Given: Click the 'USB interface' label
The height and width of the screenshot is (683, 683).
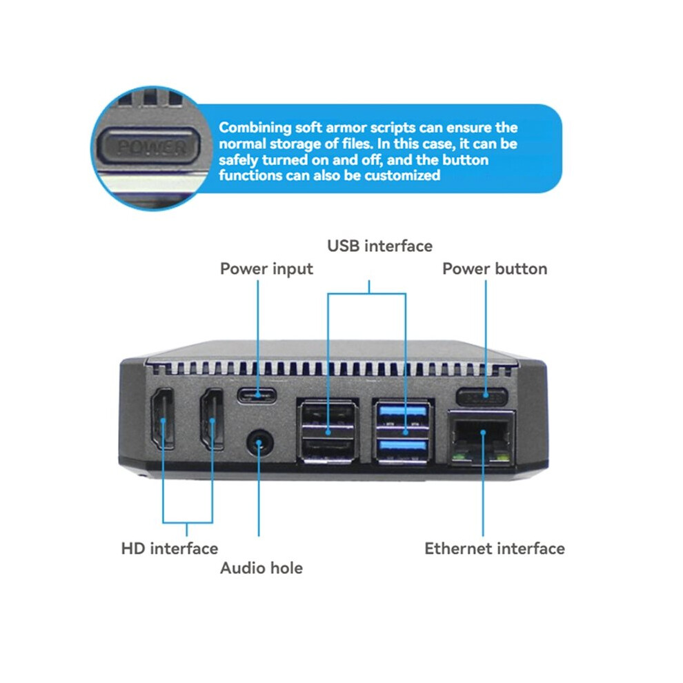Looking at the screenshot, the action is point(380,246).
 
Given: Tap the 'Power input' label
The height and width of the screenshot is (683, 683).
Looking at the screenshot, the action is point(266,269).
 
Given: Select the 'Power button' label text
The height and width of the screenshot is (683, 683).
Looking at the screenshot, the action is point(495,269).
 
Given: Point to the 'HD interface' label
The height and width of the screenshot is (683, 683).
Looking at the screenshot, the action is point(170,548).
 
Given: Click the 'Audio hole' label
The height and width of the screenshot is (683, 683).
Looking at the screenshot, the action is point(261,568).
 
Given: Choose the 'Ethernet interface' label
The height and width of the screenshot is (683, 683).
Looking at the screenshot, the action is point(495,548).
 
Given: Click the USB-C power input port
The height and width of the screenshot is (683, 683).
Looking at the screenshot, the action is point(257,395).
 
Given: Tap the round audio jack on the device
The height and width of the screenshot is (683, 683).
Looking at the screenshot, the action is point(259,444).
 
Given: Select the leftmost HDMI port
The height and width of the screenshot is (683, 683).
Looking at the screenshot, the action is point(163,418).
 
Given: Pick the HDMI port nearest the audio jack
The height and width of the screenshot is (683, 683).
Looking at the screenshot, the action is point(212,419).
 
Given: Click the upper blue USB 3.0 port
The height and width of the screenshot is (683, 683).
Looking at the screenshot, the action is point(403,415).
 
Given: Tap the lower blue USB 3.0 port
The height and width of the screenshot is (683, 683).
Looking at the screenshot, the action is point(403,449).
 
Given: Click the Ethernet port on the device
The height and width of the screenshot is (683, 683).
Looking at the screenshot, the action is point(482,437).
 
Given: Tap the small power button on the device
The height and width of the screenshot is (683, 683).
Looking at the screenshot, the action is point(482,397).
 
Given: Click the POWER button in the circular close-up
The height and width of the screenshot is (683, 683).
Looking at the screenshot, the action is point(148,146).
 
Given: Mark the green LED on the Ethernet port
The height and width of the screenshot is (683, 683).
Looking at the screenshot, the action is point(457,457).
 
